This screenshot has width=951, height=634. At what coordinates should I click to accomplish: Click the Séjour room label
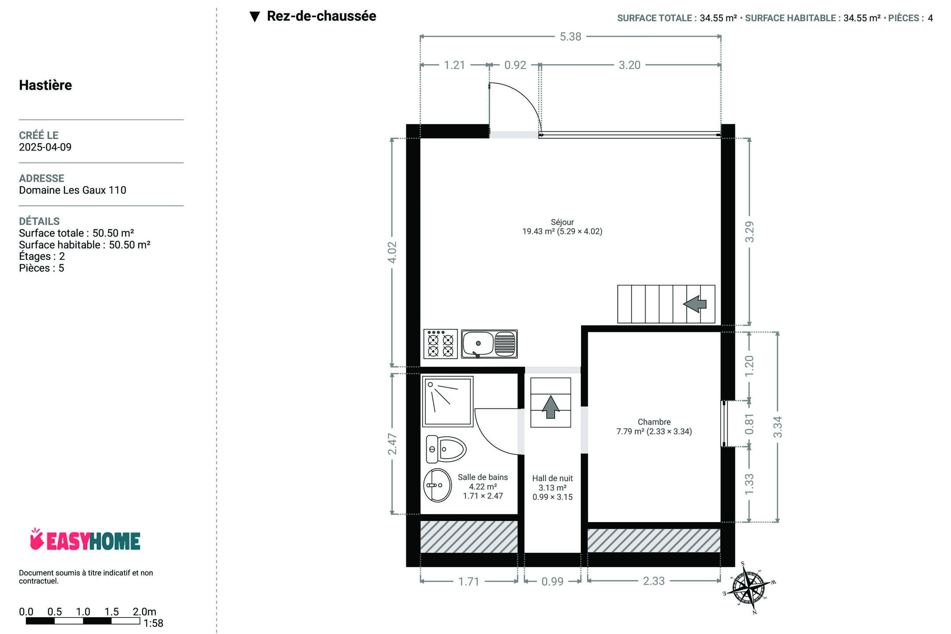coord(562,222)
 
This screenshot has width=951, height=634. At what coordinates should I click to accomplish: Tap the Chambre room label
coord(654,422)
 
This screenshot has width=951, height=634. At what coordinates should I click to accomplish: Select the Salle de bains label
coord(483,477)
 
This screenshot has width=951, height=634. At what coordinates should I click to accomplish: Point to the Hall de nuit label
coord(553,478)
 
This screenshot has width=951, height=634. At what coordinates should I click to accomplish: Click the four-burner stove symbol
coord(440,344)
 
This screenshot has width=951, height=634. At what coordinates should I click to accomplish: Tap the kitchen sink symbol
coord(489,344)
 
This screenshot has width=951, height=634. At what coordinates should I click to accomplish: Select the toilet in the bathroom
coord(446,449)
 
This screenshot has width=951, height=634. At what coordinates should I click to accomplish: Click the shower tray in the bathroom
coord(448,401)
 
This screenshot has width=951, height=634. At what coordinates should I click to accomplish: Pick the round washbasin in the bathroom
coord(438,485)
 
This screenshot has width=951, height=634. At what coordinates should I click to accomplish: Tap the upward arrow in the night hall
coord(550,407)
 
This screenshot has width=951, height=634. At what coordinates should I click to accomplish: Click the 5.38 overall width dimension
coord(571,37)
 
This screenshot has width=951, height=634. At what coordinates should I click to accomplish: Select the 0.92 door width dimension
coord(515,65)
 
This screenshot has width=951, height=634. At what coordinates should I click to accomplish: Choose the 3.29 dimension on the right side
coord(749,232)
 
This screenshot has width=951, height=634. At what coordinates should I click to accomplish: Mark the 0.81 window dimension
coord(749,424)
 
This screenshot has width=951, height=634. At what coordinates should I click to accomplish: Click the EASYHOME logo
coord(85,540)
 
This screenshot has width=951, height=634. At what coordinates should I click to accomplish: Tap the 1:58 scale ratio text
coord(153,623)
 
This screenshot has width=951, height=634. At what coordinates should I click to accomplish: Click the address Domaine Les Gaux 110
coord(73,190)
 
